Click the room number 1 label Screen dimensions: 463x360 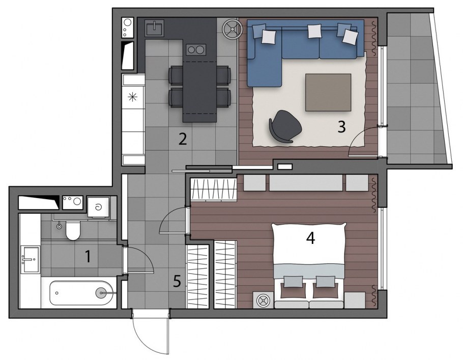click(88, 256)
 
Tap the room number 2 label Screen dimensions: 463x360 click(183, 139)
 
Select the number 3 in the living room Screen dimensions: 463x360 click(341, 127)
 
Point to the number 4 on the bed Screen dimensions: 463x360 click(311, 238)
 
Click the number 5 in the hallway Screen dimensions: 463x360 click(177, 281)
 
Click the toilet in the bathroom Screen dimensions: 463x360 click(73, 230)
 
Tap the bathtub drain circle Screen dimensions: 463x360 click(101, 293)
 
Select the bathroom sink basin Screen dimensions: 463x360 click(30, 260)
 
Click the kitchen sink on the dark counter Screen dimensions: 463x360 click(154, 28)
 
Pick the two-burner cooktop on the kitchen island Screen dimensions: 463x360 click(196, 49)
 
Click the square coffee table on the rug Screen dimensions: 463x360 click(328, 92)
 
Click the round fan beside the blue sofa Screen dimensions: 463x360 click(232, 29)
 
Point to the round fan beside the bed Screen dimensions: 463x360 click(262, 300)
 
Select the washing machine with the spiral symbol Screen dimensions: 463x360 click(98, 207)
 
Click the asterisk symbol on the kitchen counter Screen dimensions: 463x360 click(133, 96)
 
